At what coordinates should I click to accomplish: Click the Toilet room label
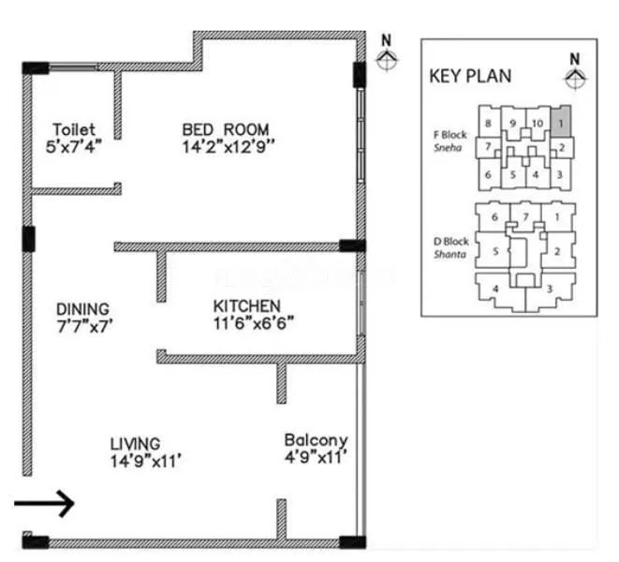pos(74,129)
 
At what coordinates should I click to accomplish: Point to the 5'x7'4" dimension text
pos(74,146)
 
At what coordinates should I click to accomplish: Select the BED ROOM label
pos(226,129)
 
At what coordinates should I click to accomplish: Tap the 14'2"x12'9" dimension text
pos(228,146)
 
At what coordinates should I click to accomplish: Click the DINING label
pos(82,308)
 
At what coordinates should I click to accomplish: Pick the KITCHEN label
pos(247,306)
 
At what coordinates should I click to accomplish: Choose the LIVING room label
pos(135,442)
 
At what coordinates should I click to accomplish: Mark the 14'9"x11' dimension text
pos(144,459)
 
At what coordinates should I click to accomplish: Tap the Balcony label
pos(316,439)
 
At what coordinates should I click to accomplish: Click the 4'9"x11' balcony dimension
pos(316,457)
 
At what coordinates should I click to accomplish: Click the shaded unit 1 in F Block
pos(559,120)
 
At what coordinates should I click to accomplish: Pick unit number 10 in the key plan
pos(537,123)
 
